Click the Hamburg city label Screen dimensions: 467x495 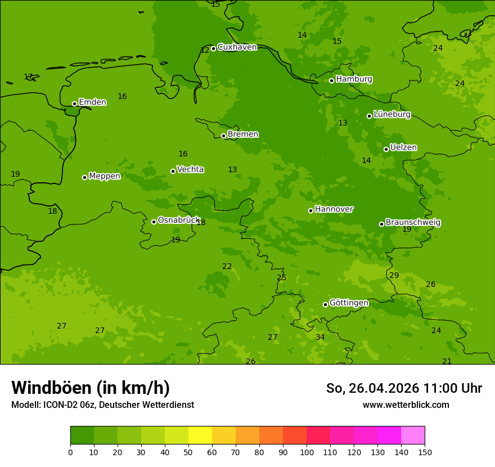pyautogui.click(x=354, y=79)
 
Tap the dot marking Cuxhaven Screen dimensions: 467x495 pyautogui.click(x=213, y=48)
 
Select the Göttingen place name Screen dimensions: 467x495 pyautogui.click(x=349, y=303)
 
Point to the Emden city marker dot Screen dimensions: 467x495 pyautogui.click(x=74, y=104)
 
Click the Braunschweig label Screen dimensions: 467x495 pyautogui.click(x=413, y=223)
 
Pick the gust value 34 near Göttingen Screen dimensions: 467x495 pyautogui.click(x=320, y=338)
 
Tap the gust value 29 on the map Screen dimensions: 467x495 pyautogui.click(x=394, y=276)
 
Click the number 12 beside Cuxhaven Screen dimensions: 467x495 pyautogui.click(x=205, y=51)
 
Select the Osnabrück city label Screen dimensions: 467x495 pyautogui.click(x=178, y=221)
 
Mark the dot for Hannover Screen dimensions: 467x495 pyautogui.click(x=310, y=210)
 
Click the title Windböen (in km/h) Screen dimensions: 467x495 pyautogui.click(x=91, y=388)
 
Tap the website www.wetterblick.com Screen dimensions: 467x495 pyautogui.click(x=406, y=405)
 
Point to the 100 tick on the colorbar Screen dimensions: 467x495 pyautogui.click(x=307, y=452)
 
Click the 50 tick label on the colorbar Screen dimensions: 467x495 pyautogui.click(x=188, y=452)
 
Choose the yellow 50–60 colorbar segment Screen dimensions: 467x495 pyautogui.click(x=200, y=435)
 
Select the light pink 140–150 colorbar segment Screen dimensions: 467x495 pyautogui.click(x=413, y=435)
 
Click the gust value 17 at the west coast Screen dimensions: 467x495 pyautogui.click(x=28, y=77)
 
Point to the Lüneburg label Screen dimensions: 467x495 pyautogui.click(x=391, y=114)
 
